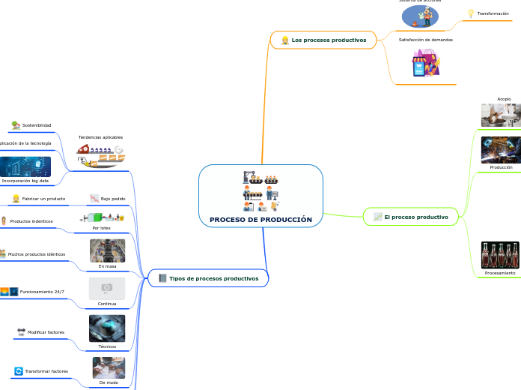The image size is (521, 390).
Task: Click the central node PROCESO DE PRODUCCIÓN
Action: pos(260,220)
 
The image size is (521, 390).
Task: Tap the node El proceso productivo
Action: pos(416,217)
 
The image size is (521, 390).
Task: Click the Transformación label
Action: pos(493,13)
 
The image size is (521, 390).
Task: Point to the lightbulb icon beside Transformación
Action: pos(471,13)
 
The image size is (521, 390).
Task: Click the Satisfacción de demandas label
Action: pos(425,39)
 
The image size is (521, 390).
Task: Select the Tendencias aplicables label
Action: pos(100,137)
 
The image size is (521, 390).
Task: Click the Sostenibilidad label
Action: pos(37,125)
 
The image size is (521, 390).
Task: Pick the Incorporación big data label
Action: pos(25,181)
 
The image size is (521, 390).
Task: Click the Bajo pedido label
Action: pos(113,199)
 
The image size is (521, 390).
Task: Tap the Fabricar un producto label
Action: pos(43,199)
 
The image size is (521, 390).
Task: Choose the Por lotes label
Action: pos(101,227)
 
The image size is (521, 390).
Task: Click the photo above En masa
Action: pos(107,250)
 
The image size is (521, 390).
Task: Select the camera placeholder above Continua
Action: pos(107,288)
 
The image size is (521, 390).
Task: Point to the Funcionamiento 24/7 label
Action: pos(42,291)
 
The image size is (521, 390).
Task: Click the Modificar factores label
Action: pos(46,331)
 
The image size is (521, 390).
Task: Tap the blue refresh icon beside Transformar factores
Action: pos(19,371)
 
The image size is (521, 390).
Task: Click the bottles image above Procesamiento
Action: pos(500,255)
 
